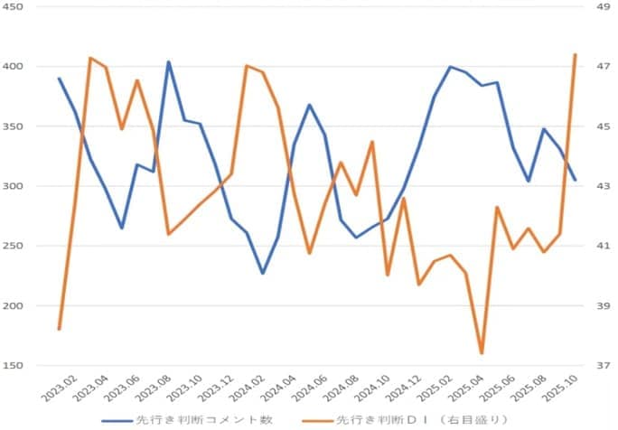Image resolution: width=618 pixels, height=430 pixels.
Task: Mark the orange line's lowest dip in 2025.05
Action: pos(482,353)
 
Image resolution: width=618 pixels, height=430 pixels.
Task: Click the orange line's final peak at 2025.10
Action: pos(576,55)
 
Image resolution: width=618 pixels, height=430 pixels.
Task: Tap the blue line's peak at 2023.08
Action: pos(168,62)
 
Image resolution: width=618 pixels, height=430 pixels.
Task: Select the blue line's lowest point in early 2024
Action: pos(262,273)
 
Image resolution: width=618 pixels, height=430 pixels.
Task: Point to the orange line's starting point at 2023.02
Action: pos(59,329)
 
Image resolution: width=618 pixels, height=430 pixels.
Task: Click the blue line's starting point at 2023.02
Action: pos(59,79)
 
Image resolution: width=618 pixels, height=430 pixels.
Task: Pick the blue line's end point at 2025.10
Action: pos(576,180)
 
